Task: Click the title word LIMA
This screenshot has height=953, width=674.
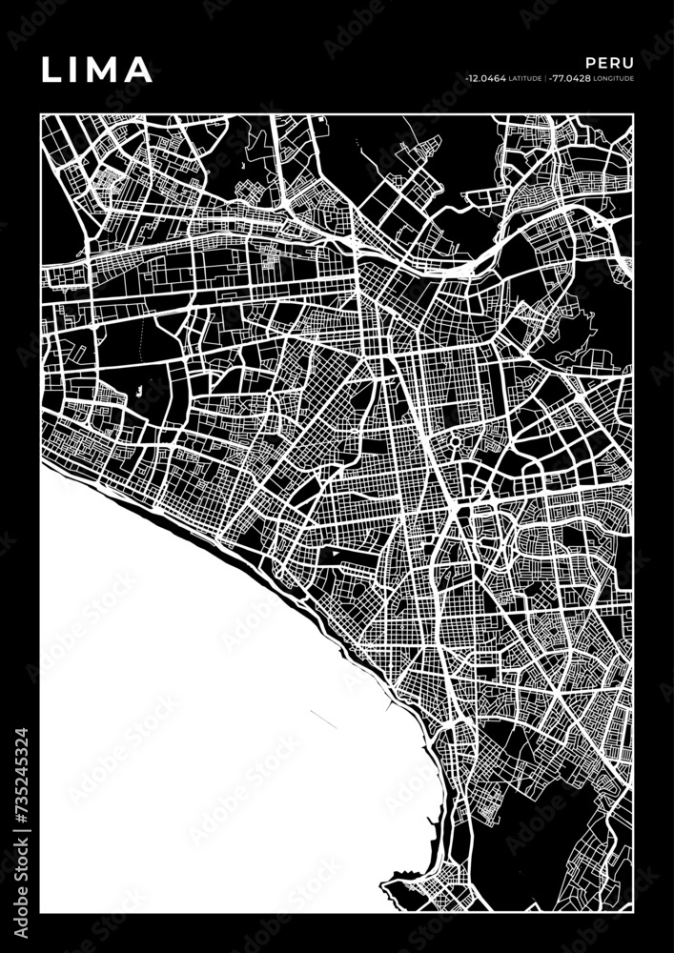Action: point(95,69)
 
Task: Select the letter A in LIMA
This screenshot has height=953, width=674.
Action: point(138,69)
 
